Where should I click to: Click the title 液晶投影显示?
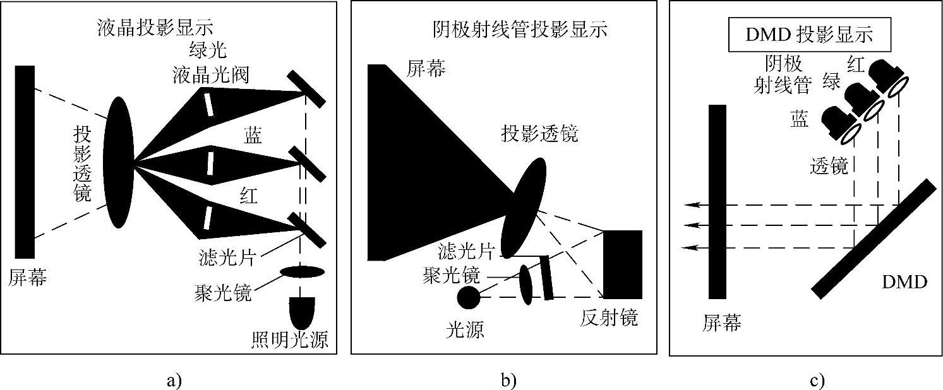click(155, 27)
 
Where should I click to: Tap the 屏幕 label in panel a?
click(28, 277)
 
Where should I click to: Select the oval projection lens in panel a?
click(118, 162)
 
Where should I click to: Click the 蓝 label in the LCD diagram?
click(255, 135)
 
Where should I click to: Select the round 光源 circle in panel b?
click(469, 297)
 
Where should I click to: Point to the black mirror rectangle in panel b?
click(623, 264)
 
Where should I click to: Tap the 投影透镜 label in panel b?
click(540, 134)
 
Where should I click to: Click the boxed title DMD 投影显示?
click(809, 35)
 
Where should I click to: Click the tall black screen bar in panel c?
click(717, 201)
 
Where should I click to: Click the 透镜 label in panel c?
click(829, 166)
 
